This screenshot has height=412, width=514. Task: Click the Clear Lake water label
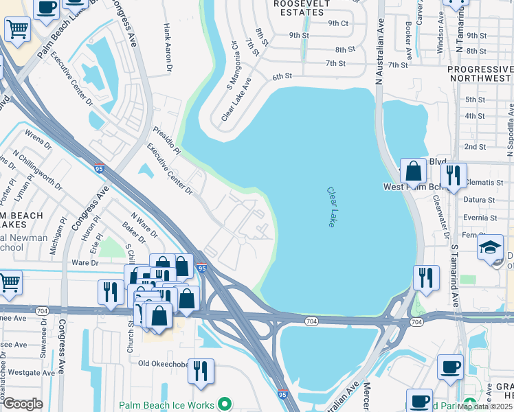tap(331, 207)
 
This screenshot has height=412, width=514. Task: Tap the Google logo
tap(23, 403)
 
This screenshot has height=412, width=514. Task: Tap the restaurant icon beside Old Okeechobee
tap(201, 371)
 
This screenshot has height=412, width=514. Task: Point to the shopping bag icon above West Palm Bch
tap(414, 171)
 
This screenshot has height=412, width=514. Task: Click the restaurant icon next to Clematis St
tap(454, 176)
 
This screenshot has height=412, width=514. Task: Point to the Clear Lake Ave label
tap(236, 100)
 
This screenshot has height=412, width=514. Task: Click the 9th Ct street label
tap(338, 23)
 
